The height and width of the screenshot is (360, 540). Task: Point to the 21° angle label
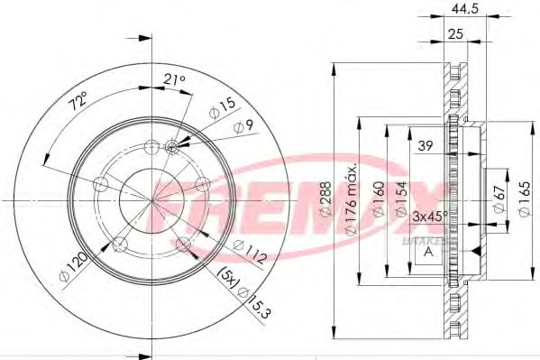(175, 80)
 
